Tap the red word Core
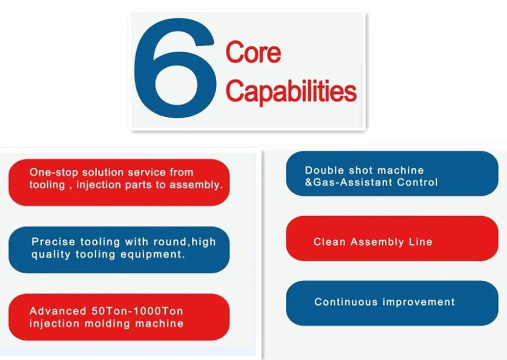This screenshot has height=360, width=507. click(x=253, y=53)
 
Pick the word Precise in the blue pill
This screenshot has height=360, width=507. click(x=53, y=242)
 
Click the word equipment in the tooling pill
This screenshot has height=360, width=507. click(x=153, y=255)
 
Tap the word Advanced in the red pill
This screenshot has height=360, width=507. click(x=57, y=311)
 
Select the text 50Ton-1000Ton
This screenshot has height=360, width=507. click(x=137, y=311)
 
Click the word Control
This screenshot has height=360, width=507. click(x=417, y=182)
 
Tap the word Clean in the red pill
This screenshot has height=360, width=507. click(x=329, y=242)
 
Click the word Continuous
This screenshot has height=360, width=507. click(x=345, y=302)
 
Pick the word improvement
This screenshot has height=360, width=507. click(x=419, y=302)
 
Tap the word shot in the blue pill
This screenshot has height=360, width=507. click(x=360, y=170)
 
